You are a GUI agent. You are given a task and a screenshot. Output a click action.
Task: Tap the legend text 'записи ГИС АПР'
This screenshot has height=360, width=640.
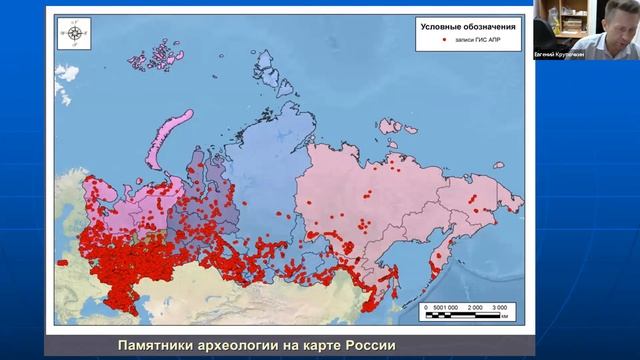(474, 44)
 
